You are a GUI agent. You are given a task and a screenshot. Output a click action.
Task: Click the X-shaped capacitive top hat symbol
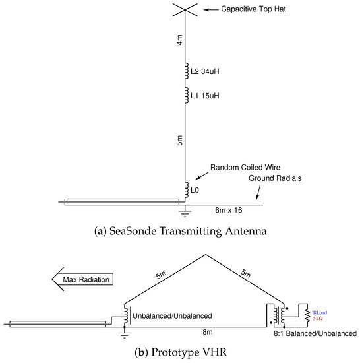coord(184,11)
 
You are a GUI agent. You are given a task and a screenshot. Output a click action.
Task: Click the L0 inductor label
coord(195,191)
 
